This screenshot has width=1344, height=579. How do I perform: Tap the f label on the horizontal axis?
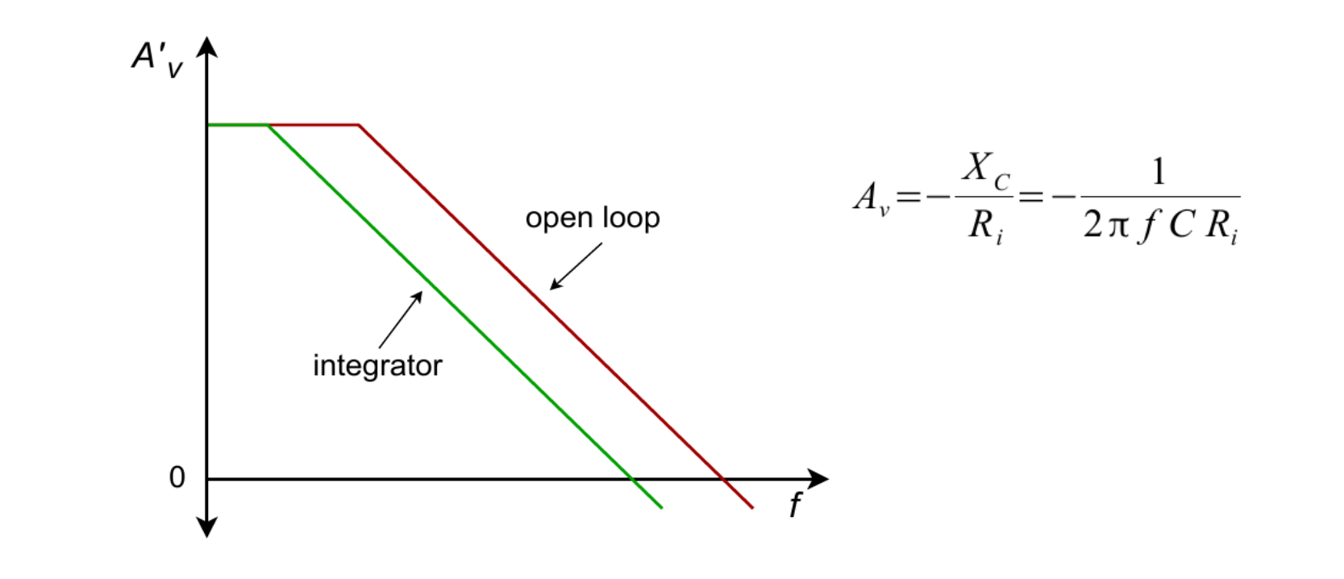(x=796, y=506)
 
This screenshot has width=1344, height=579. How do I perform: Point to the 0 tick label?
(x=177, y=478)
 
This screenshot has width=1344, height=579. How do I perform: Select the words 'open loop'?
(x=593, y=218)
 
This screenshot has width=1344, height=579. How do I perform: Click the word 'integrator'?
(x=377, y=365)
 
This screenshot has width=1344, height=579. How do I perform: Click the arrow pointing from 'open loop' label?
(x=575, y=266)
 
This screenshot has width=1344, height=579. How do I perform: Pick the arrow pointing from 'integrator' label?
(x=400, y=320)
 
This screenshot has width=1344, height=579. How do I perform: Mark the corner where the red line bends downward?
(x=358, y=125)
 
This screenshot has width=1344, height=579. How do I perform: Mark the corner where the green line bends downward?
(x=268, y=125)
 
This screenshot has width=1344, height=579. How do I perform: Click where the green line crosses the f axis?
(x=634, y=479)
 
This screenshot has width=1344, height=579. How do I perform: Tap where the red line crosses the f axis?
(x=725, y=479)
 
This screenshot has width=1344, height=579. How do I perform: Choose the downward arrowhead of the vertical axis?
(x=207, y=528)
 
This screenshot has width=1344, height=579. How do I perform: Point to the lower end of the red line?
(x=752, y=508)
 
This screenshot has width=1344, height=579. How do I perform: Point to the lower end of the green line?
(x=662, y=508)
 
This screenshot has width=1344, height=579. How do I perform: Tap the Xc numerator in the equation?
(x=984, y=170)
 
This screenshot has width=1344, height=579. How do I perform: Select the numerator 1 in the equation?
(x=1159, y=172)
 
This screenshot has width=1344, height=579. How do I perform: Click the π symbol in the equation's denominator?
(x=1117, y=227)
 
